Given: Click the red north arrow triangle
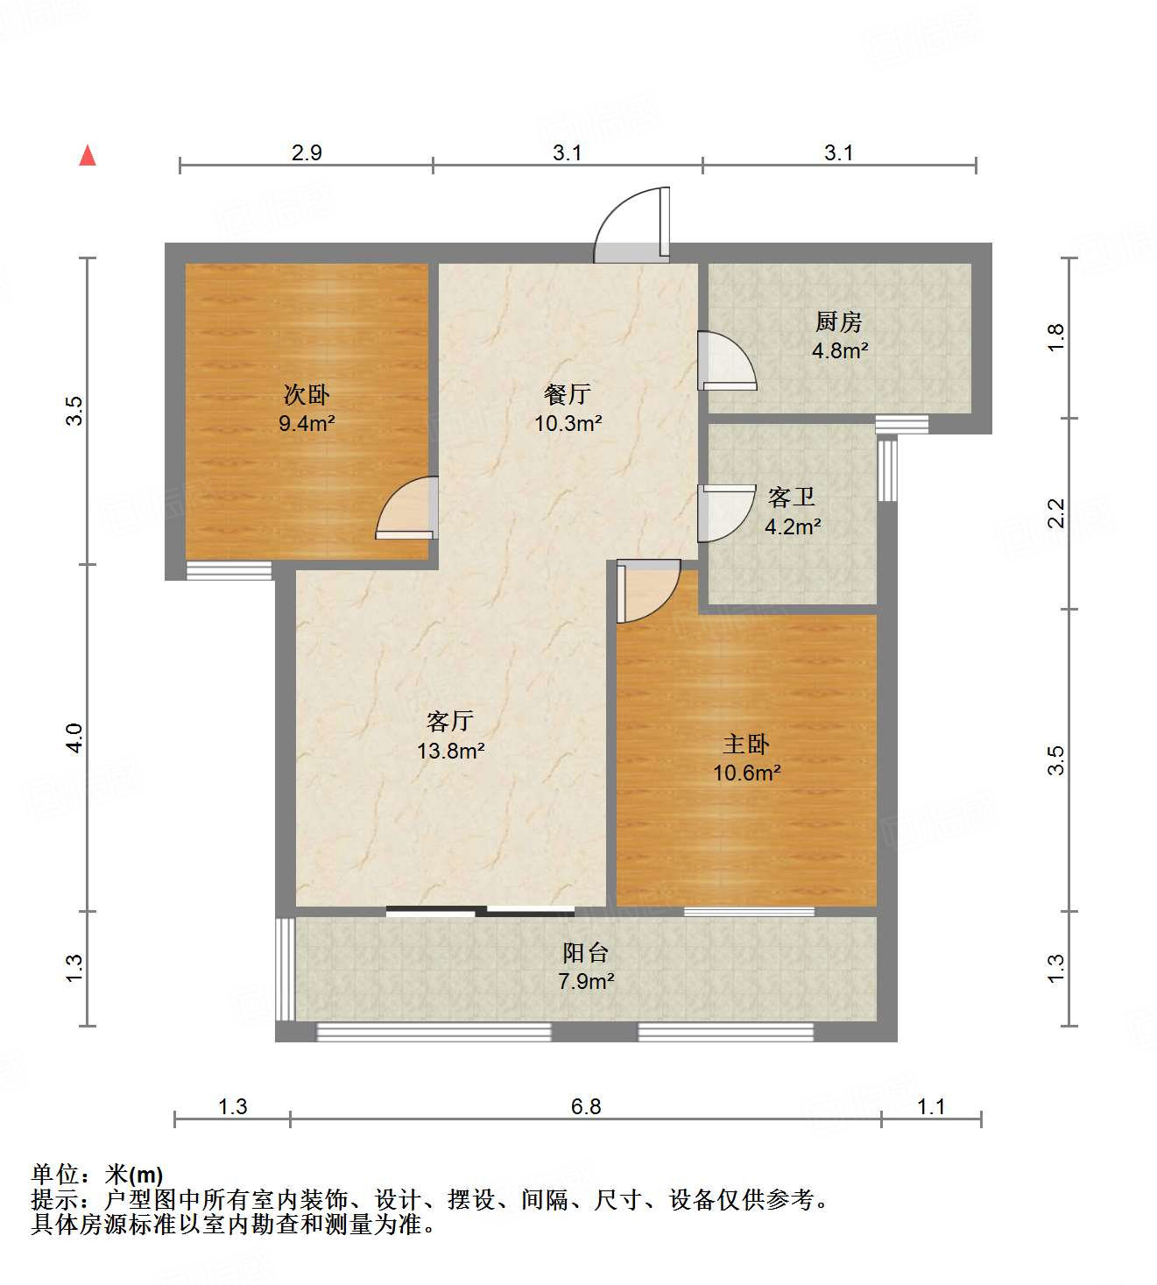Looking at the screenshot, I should pyautogui.click(x=88, y=156).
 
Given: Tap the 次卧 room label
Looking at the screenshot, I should pyautogui.click(x=307, y=395).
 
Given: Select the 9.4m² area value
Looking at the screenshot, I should pyautogui.click(x=307, y=425).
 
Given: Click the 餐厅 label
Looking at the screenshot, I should pyautogui.click(x=568, y=394).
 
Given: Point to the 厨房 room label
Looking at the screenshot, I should pyautogui.click(x=839, y=321).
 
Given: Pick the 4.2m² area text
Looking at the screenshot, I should pyautogui.click(x=793, y=527).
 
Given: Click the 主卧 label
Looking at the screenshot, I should pyautogui.click(x=746, y=744).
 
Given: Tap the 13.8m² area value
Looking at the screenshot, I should pyautogui.click(x=451, y=751).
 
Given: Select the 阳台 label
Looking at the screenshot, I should pyautogui.click(x=585, y=952).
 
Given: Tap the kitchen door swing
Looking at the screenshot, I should pyautogui.click(x=725, y=359).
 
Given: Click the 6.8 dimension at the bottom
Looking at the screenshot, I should pyautogui.click(x=586, y=1106).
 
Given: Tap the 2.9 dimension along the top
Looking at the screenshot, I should pyautogui.click(x=307, y=152).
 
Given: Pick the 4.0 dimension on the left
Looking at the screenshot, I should pyautogui.click(x=75, y=737).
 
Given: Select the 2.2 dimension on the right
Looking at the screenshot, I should pyautogui.click(x=1056, y=512).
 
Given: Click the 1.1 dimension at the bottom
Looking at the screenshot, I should pyautogui.click(x=931, y=1106).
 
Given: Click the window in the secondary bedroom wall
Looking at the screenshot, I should pyautogui.click(x=229, y=571).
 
